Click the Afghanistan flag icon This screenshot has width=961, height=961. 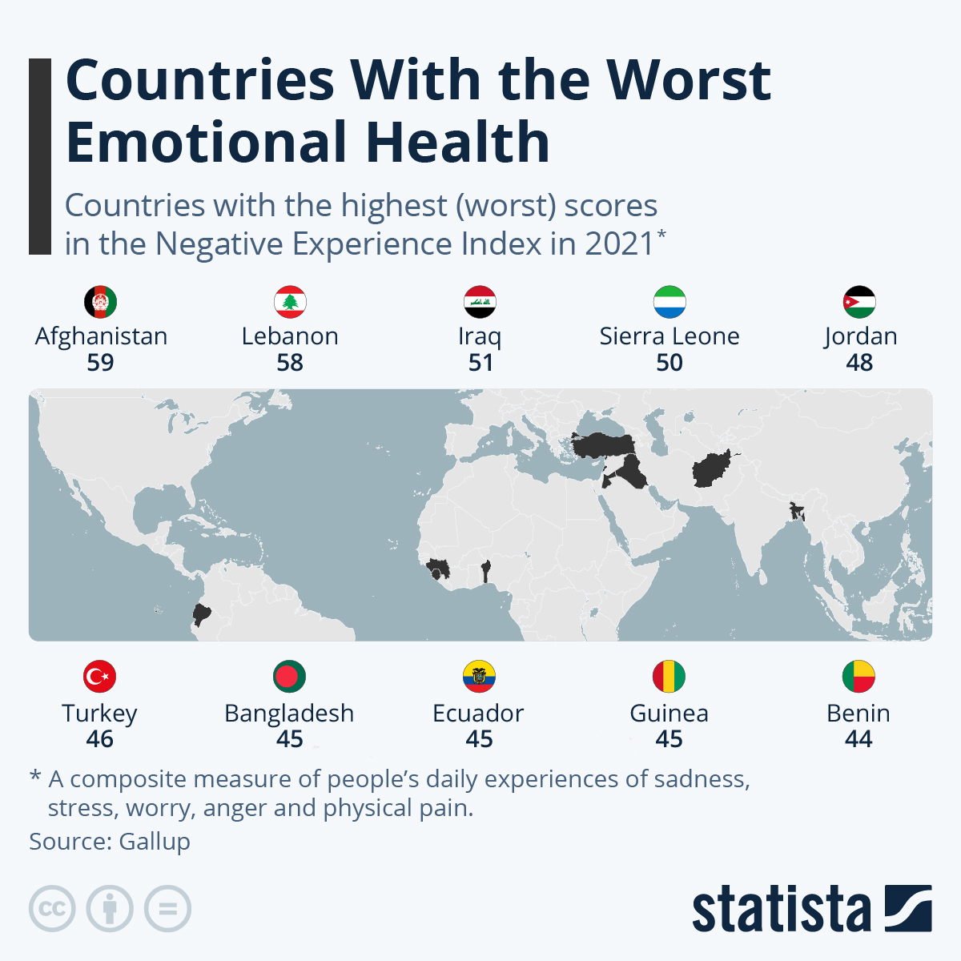pos(101,302)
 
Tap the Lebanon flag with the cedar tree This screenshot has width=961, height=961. pos(290,302)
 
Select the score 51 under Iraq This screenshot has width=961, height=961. pos(480,363)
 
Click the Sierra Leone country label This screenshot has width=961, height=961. pos(669,336)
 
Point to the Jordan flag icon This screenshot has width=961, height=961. pos(859,302)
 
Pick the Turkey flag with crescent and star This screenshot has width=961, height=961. pos(100,677)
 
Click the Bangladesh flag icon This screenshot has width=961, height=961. pos(290,677)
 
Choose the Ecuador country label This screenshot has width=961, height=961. pos(478,713)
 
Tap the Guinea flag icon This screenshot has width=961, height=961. pos(669,677)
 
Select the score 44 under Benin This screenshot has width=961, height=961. pos(858,739)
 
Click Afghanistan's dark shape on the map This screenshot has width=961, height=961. pos(711,468)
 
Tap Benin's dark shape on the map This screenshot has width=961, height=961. pos(485,571)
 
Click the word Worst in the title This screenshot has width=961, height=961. pos(689,80)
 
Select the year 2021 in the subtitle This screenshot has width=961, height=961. pos(619,243)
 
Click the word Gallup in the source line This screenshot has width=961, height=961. pos(155,842)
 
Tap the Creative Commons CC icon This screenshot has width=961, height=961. pos(52,909)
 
